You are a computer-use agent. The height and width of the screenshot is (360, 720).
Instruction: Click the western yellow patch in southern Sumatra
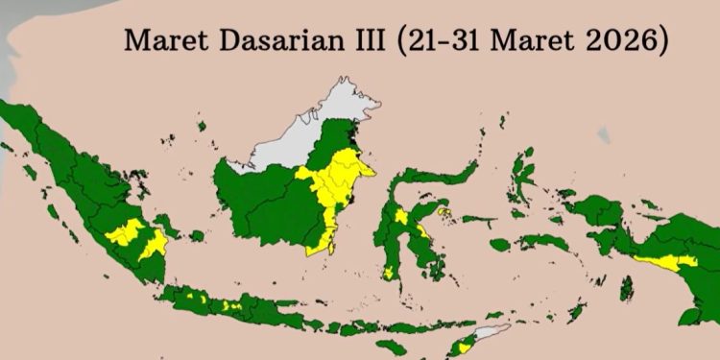[124, 233]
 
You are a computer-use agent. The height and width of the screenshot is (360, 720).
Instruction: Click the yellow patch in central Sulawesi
[400, 217]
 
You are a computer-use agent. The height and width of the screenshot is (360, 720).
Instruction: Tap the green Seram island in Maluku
[543, 241]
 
